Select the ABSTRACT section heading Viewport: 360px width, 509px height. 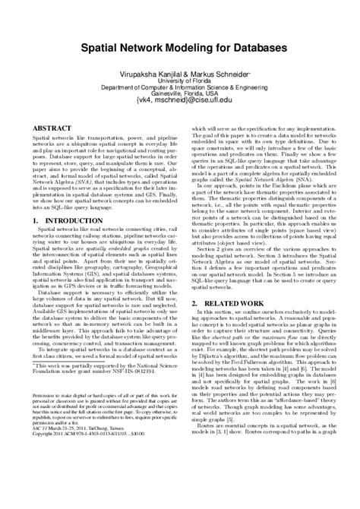click(53, 129)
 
